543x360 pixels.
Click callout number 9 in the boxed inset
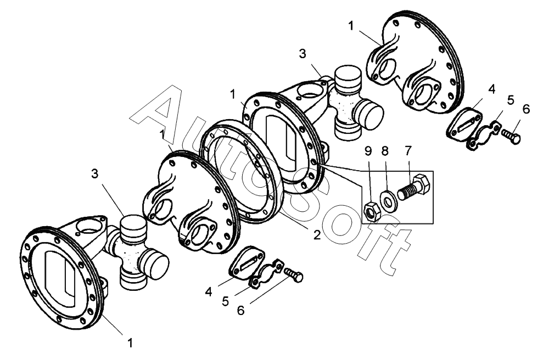pyautogui.click(x=368, y=151)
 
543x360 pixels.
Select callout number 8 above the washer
pyautogui.click(x=385, y=151)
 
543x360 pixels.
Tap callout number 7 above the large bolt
pyautogui.click(x=408, y=151)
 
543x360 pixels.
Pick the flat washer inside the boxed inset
pyautogui.click(x=389, y=200)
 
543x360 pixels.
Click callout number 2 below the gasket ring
pyautogui.click(x=316, y=235)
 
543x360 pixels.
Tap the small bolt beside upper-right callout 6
pyautogui.click(x=511, y=136)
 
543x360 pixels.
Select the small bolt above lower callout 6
pyautogui.click(x=294, y=274)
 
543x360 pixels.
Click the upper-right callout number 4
pyautogui.click(x=492, y=89)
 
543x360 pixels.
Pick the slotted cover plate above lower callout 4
pyautogui.click(x=247, y=262)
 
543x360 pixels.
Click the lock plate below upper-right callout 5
pyautogui.click(x=484, y=136)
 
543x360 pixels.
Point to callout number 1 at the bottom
pyautogui.click(x=130, y=344)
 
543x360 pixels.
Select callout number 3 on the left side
pyautogui.click(x=94, y=174)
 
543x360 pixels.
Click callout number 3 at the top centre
pyautogui.click(x=303, y=54)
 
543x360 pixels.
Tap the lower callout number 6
pyautogui.click(x=240, y=311)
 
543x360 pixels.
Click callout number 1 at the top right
pyautogui.click(x=351, y=26)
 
